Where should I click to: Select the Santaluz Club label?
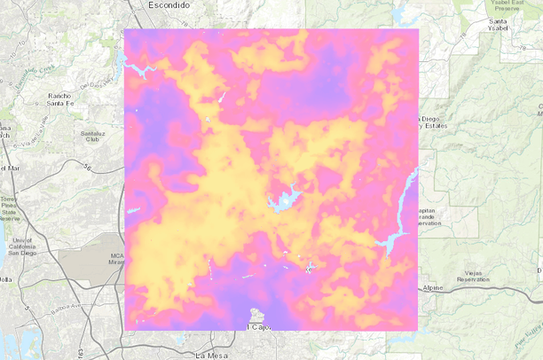tap(96, 136)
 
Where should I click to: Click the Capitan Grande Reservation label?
tap(429, 216)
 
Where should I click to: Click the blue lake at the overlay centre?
tap(286, 200)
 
